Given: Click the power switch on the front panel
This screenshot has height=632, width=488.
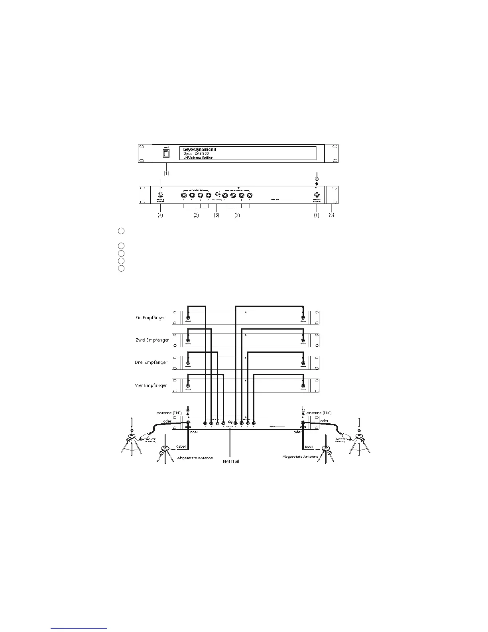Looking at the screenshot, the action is (x=165, y=153).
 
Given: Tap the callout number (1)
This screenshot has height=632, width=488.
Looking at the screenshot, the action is (x=166, y=173).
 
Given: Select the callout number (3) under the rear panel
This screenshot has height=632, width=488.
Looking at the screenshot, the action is (x=217, y=215).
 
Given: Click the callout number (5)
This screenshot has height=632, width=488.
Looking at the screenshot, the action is (x=331, y=215).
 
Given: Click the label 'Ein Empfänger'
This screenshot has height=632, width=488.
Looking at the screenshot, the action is (x=150, y=318).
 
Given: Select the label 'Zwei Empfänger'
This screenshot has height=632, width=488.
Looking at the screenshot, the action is (x=152, y=340).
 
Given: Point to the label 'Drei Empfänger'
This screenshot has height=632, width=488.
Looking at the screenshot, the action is (x=151, y=363).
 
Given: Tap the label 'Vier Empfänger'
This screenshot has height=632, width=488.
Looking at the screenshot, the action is (x=151, y=385).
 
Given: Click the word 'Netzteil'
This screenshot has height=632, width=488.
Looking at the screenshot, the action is (x=231, y=462).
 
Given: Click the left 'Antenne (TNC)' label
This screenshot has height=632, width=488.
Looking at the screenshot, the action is (x=169, y=413).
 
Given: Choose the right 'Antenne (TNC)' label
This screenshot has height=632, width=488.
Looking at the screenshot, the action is (x=319, y=413).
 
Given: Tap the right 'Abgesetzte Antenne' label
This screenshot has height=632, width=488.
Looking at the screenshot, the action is (x=301, y=456).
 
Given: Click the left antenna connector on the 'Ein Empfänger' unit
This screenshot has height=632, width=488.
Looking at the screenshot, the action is (x=188, y=318).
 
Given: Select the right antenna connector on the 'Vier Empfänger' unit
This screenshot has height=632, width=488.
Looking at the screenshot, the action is (x=303, y=385).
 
